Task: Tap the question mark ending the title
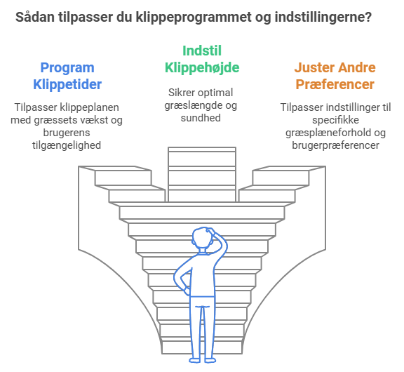tap(368, 17)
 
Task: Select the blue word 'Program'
tap(67, 68)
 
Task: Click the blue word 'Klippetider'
tap(67, 84)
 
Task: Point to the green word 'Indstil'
tap(202, 51)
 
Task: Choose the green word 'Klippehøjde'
tap(202, 68)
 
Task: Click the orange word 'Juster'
tap(314, 67)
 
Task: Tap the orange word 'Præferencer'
tap(335, 84)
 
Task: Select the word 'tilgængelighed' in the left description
tap(67, 146)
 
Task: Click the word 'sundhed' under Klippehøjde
tap(201, 118)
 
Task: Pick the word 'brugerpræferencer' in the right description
tap(335, 146)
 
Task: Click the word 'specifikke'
tap(335, 120)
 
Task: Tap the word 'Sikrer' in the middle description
tap(180, 93)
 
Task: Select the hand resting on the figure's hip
tap(187, 291)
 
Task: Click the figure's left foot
tap(195, 360)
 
